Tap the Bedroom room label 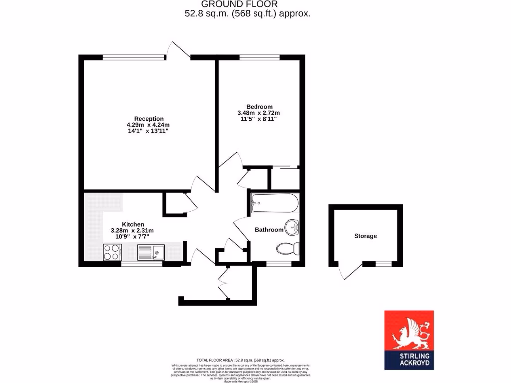coord(259,107)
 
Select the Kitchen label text coord(133,224)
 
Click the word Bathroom coord(269,230)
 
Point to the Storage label coord(365,236)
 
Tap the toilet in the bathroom coord(287,248)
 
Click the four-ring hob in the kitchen coord(112,252)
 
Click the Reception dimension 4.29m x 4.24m coord(148,125)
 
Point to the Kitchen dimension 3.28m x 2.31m coord(132,230)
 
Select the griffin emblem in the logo coord(409,333)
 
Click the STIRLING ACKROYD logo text coord(409,360)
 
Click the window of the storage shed coord(383,263)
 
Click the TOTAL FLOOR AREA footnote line coord(241,360)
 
